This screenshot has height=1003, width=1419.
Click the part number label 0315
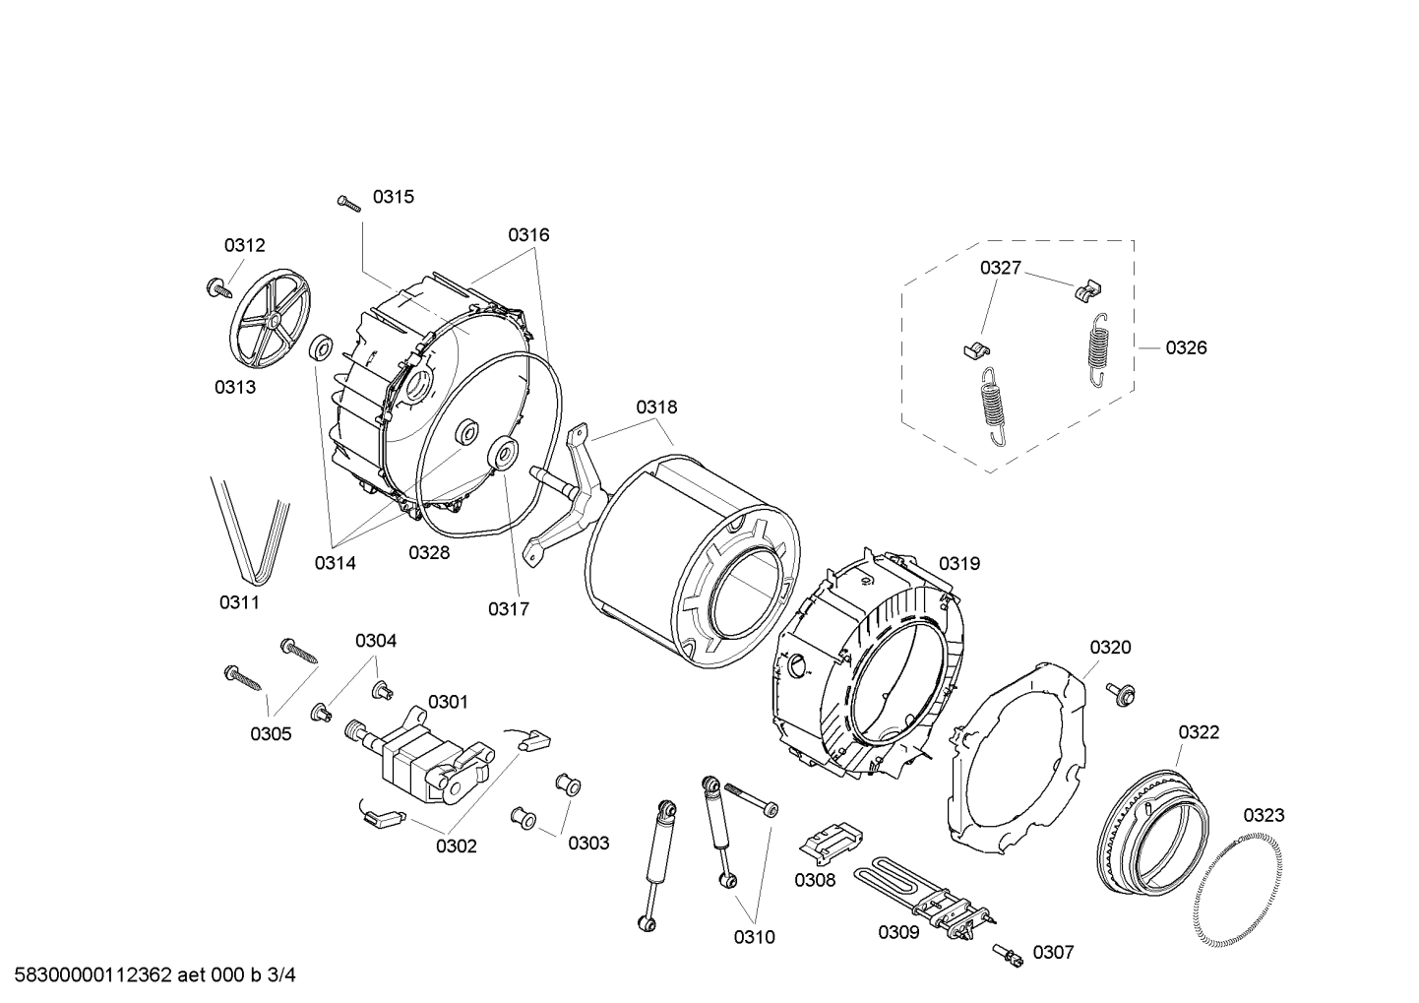coord(393,197)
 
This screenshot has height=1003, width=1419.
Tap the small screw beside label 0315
coord(349,202)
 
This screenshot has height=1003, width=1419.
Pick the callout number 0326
coord(1186,347)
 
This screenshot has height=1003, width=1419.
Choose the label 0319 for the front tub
coord(958,564)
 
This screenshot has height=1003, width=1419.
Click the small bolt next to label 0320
coord(1120,693)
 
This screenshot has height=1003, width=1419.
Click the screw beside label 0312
coord(215,287)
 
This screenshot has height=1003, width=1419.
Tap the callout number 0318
coord(655,407)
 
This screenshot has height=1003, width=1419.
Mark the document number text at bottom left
coord(155,975)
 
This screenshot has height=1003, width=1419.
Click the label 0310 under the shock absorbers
coord(754,937)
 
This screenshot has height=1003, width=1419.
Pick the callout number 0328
coord(429,552)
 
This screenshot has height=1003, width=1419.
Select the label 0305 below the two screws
coord(271,733)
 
